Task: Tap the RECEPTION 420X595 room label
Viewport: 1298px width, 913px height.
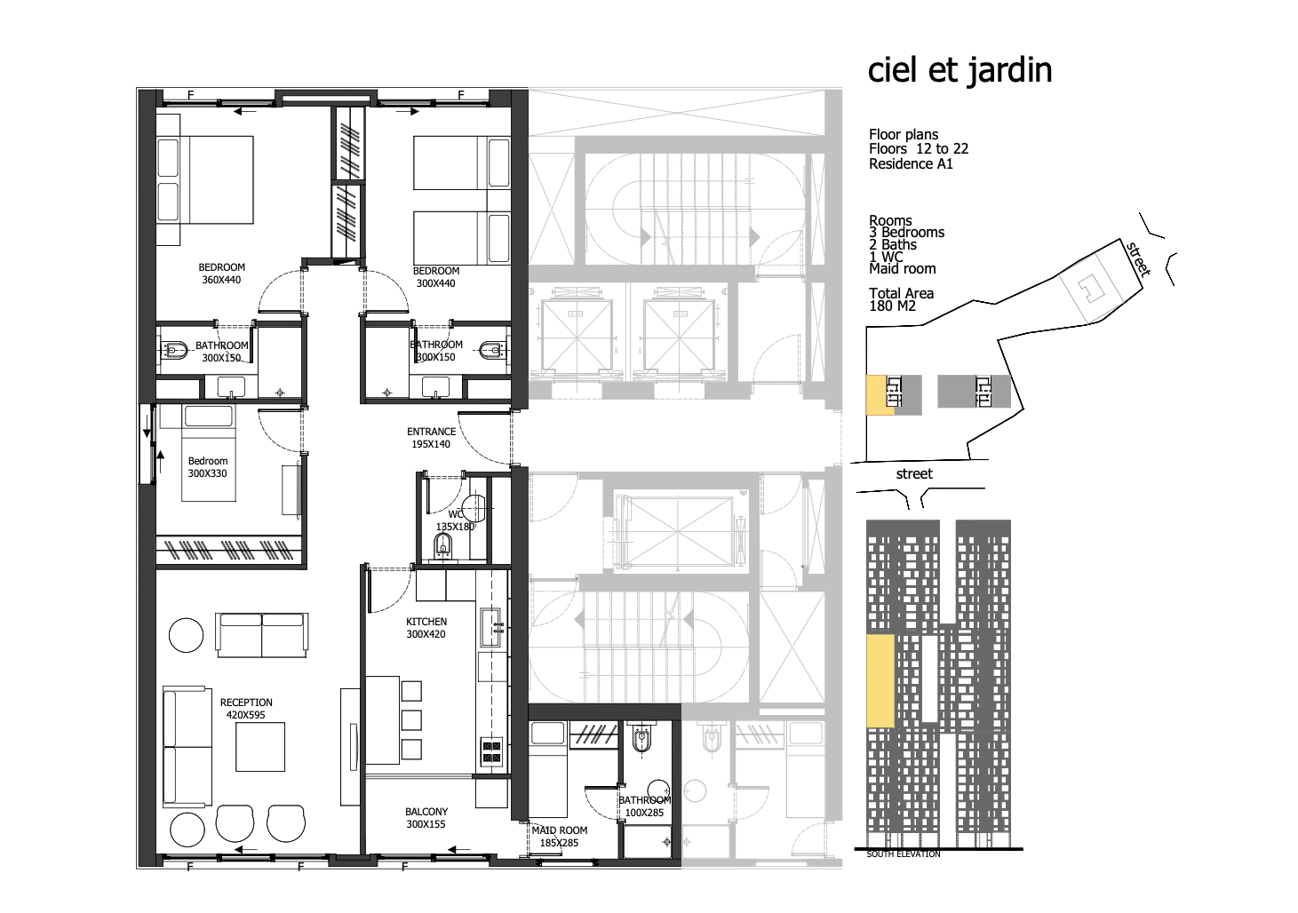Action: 246,709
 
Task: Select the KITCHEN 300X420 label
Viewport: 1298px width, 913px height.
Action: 426,628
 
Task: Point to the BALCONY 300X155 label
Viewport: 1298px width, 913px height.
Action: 426,818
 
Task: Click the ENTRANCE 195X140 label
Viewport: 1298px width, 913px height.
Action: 431,438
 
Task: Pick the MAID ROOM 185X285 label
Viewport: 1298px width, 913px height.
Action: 559,837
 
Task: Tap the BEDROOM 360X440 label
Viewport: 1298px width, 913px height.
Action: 221,274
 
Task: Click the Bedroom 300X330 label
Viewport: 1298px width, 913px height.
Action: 207,467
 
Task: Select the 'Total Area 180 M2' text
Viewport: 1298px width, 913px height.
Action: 901,299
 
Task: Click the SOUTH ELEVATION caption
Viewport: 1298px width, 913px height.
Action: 904,853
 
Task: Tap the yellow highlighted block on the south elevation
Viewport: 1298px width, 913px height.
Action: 880,680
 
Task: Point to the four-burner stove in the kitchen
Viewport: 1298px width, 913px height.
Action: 492,751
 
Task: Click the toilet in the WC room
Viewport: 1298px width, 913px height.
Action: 442,544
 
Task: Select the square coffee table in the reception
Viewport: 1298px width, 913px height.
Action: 260,747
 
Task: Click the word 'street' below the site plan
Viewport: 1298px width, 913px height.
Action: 914,474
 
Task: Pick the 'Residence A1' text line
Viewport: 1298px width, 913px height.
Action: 911,164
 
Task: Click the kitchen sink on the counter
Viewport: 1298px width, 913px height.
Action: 490,627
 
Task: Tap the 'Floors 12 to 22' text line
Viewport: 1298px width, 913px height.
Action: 919,149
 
